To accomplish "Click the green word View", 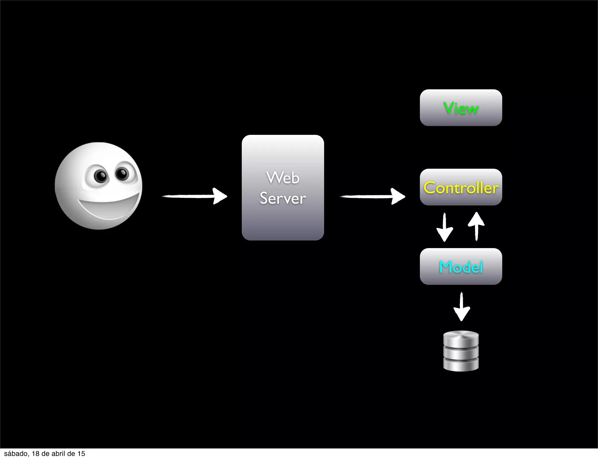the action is (461, 108).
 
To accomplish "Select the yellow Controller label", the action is (461, 188).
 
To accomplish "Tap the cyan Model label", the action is (461, 267).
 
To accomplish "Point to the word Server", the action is (283, 198).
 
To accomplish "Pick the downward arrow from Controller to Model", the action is (444, 227).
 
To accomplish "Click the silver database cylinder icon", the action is (461, 351).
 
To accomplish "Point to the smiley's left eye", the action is (100, 176).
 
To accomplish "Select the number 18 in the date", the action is (35, 454).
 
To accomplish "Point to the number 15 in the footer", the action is (81, 454).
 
